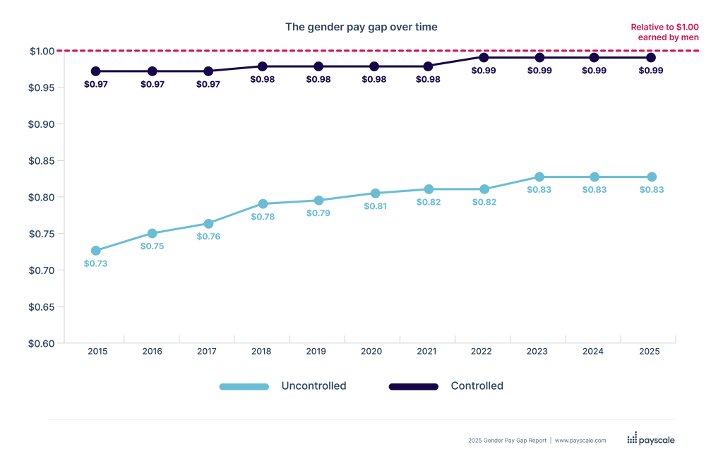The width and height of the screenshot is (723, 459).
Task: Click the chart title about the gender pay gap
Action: (x=361, y=27)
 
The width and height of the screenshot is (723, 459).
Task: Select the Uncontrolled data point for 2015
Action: (x=96, y=250)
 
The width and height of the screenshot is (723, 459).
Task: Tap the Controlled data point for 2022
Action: (x=484, y=57)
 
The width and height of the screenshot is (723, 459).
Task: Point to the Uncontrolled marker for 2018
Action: (x=263, y=203)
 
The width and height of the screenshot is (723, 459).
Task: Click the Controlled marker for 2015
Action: (x=96, y=71)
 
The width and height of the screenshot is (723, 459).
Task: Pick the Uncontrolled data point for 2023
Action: (x=539, y=177)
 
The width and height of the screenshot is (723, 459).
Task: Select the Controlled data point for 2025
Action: (x=651, y=57)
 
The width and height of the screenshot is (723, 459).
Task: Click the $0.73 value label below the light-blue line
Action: (x=95, y=263)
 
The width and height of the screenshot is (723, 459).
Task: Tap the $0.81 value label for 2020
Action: (x=374, y=206)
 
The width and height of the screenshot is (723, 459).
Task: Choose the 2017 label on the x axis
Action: (x=207, y=351)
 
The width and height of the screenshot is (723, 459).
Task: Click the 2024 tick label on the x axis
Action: (x=594, y=351)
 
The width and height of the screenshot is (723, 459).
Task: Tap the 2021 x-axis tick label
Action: (x=429, y=351)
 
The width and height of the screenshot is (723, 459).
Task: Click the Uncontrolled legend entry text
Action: (x=313, y=386)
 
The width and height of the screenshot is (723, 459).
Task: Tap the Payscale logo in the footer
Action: (x=650, y=439)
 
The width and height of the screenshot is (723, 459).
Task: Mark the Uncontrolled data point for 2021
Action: (x=429, y=189)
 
